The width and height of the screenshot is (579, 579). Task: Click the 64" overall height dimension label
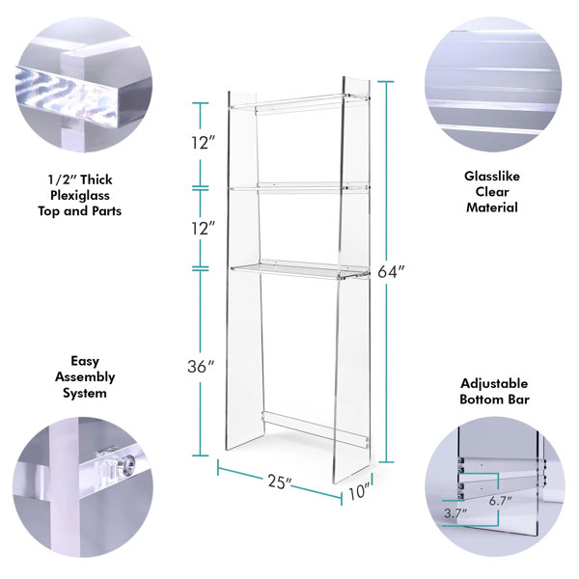391,272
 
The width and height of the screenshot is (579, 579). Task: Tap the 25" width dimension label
280,482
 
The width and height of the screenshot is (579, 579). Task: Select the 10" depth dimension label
359,492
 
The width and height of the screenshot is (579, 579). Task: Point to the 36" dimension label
201,367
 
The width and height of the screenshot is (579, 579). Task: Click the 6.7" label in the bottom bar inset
500,501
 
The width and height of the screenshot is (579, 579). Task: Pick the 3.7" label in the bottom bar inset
455,513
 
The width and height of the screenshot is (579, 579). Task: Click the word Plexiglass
80,195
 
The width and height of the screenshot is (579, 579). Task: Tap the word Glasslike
492,177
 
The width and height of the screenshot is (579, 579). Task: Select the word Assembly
85,377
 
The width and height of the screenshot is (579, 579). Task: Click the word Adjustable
494,384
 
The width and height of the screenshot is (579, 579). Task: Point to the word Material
492,207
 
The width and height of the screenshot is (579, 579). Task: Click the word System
85,393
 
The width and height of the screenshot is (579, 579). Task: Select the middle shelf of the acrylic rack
299,187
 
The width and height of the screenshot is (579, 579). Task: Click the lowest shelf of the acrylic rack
300,270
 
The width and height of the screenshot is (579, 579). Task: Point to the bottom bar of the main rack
315,429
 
